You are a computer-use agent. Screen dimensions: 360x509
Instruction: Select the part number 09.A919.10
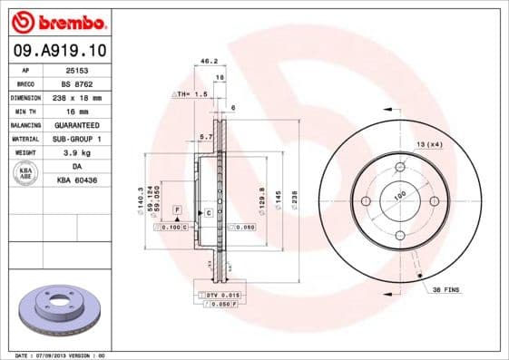(x=56, y=51)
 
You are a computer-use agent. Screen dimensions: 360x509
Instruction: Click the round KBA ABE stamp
(x=24, y=174)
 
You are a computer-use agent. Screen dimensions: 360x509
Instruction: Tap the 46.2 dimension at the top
(x=209, y=62)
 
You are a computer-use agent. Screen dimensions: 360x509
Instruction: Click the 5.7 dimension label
(x=205, y=137)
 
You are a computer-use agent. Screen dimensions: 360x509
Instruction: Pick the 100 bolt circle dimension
(x=399, y=193)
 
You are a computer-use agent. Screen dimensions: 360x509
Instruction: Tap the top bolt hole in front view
(x=399, y=167)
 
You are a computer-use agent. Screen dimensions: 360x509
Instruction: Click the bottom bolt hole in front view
(x=399, y=236)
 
